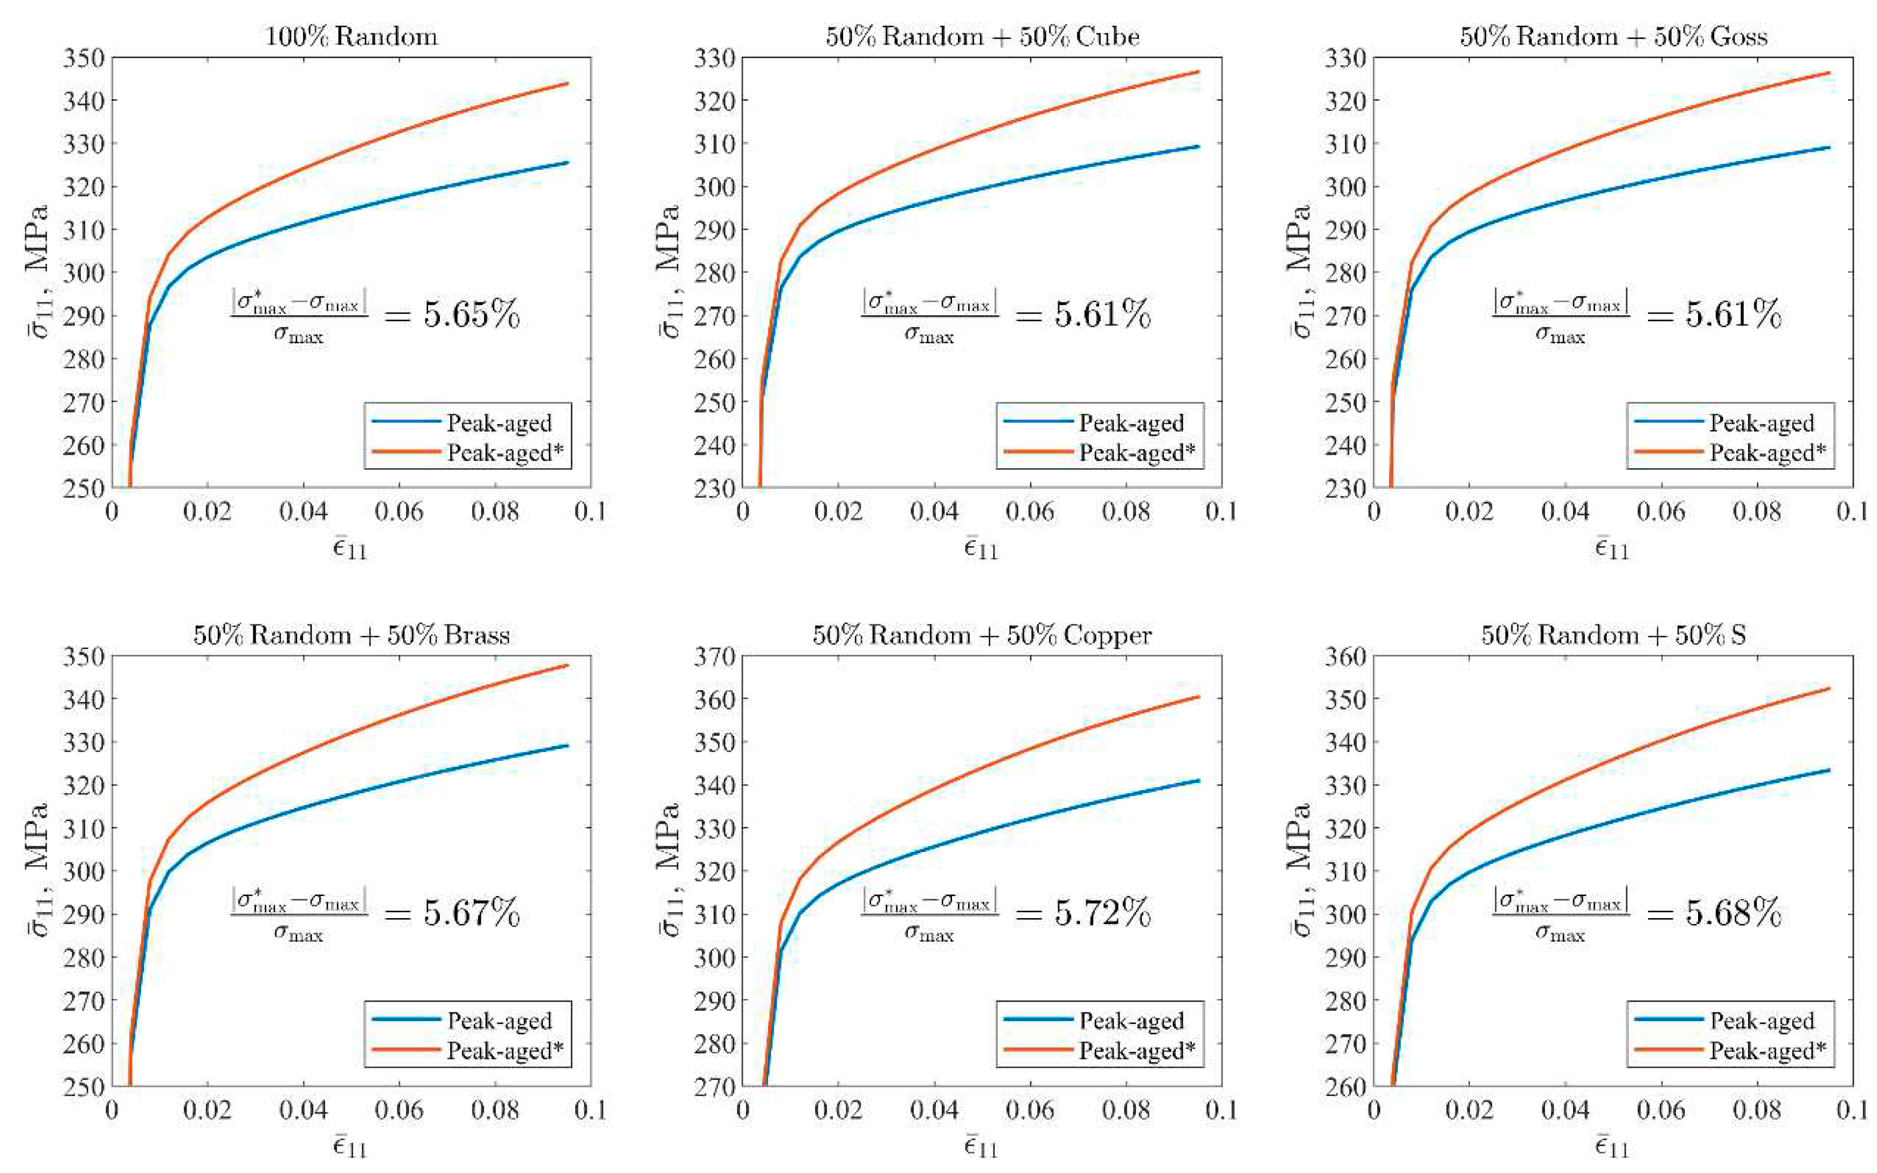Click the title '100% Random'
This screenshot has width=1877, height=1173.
[x=351, y=37]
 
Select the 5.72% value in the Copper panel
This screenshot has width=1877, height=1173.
[x=1102, y=913]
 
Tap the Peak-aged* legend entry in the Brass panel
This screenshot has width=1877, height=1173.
[x=505, y=1051]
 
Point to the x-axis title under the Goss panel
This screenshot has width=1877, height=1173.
[x=1612, y=549]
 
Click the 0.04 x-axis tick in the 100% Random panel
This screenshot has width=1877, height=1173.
[x=303, y=511]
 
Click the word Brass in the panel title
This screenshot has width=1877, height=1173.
[x=477, y=635]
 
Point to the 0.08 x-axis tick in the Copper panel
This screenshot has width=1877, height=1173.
[x=1126, y=1109]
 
